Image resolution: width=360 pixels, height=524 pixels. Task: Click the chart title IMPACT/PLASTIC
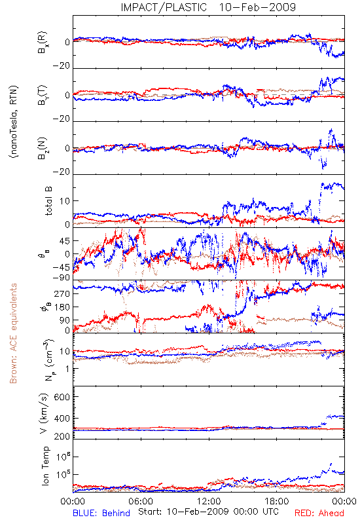(x=164, y=7)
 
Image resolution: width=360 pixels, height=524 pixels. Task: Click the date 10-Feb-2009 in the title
(x=257, y=7)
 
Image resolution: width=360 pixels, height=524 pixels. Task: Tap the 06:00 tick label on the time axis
(x=141, y=501)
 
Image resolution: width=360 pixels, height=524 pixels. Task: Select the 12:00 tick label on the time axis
(x=209, y=501)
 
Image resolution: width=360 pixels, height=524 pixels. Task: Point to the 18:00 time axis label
(x=277, y=501)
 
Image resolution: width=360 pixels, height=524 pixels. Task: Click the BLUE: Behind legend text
(x=101, y=513)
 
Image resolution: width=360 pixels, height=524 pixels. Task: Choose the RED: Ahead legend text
(x=319, y=513)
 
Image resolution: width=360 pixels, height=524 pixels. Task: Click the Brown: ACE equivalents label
(x=13, y=333)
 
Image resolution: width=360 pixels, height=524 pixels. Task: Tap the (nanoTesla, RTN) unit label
(x=14, y=122)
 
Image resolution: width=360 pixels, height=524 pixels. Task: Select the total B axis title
(x=48, y=201)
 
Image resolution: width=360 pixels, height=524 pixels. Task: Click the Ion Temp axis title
(x=45, y=466)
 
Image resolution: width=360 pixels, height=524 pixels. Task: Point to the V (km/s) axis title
(x=44, y=413)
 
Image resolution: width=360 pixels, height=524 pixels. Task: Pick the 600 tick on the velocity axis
(x=62, y=397)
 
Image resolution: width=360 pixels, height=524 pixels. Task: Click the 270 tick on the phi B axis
(x=62, y=293)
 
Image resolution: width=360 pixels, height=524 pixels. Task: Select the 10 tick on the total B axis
(x=65, y=201)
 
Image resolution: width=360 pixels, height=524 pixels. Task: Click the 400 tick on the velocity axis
(x=62, y=418)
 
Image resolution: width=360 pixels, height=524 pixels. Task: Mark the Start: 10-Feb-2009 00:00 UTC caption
(x=207, y=512)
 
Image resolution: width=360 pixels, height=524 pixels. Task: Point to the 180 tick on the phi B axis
(x=62, y=307)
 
